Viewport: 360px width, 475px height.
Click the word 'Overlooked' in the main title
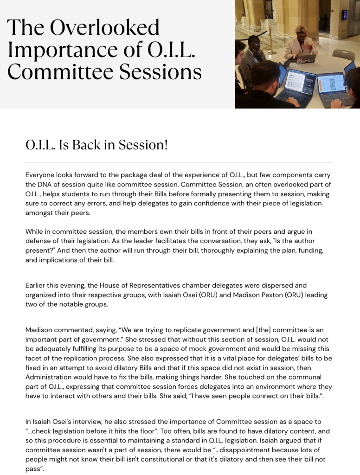104,28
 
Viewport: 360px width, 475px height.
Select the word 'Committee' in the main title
52,72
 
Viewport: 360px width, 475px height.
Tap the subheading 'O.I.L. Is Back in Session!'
96,145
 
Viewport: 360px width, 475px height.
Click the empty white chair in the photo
344,55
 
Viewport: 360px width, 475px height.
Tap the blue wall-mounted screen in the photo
345,15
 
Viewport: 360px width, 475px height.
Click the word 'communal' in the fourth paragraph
307,377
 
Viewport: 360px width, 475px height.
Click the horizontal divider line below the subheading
179,163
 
